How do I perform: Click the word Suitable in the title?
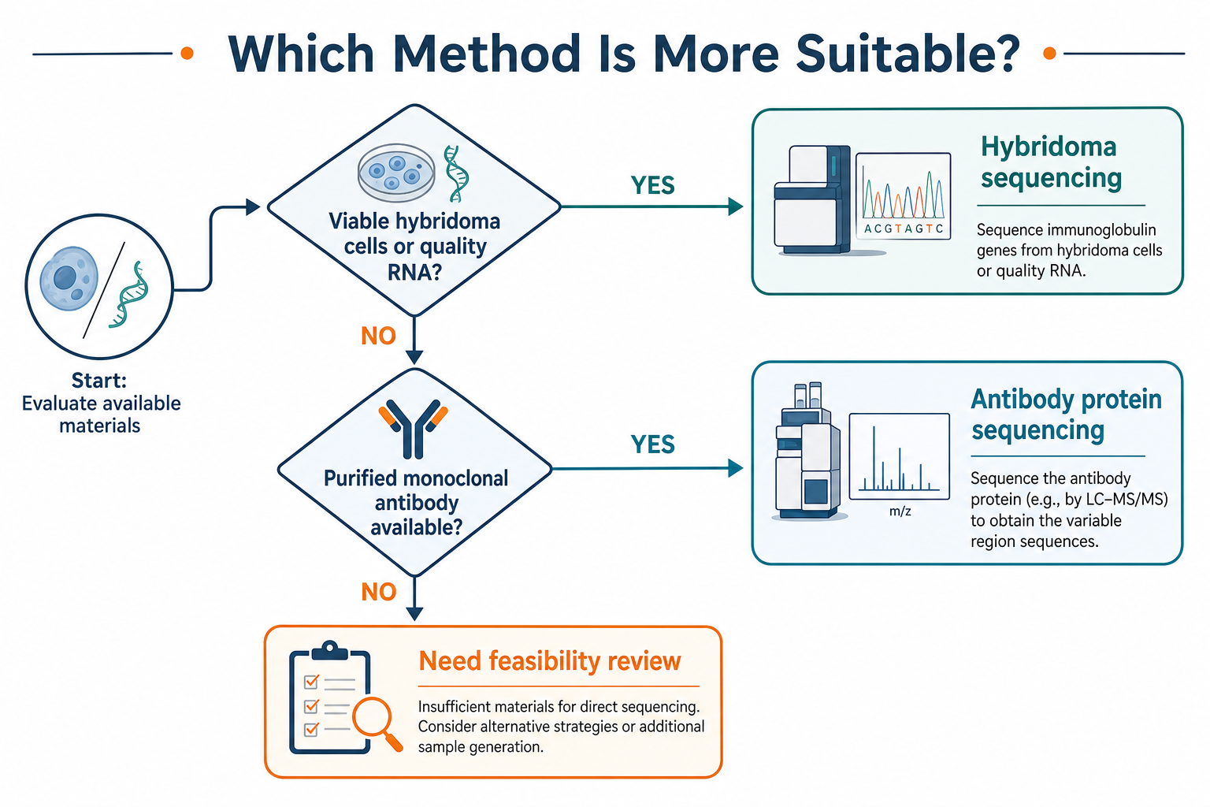pyautogui.click(x=907, y=54)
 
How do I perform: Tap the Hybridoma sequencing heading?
pyautogui.click(x=1051, y=162)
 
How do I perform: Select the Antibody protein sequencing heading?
pyautogui.click(x=1067, y=415)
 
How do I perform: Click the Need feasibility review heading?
pyautogui.click(x=549, y=662)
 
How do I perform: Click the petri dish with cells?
pyautogui.click(x=395, y=171)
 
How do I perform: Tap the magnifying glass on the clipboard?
pyautogui.click(x=377, y=723)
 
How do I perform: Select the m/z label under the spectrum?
pyautogui.click(x=900, y=511)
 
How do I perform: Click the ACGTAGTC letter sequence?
pyautogui.click(x=904, y=229)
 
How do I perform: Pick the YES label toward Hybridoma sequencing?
pyautogui.click(x=652, y=185)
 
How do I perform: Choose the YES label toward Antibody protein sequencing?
pyautogui.click(x=652, y=444)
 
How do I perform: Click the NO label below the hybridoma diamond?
pyautogui.click(x=378, y=337)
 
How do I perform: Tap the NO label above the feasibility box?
pyautogui.click(x=378, y=593)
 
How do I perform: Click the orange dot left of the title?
pyautogui.click(x=187, y=53)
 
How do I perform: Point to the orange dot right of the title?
pyautogui.click(x=1049, y=53)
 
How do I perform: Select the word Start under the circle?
pyautogui.click(x=98, y=381)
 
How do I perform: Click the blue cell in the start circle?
pyautogui.click(x=69, y=278)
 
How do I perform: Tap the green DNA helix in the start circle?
pyautogui.click(x=129, y=295)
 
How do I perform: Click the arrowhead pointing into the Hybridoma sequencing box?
pyautogui.click(x=735, y=206)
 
